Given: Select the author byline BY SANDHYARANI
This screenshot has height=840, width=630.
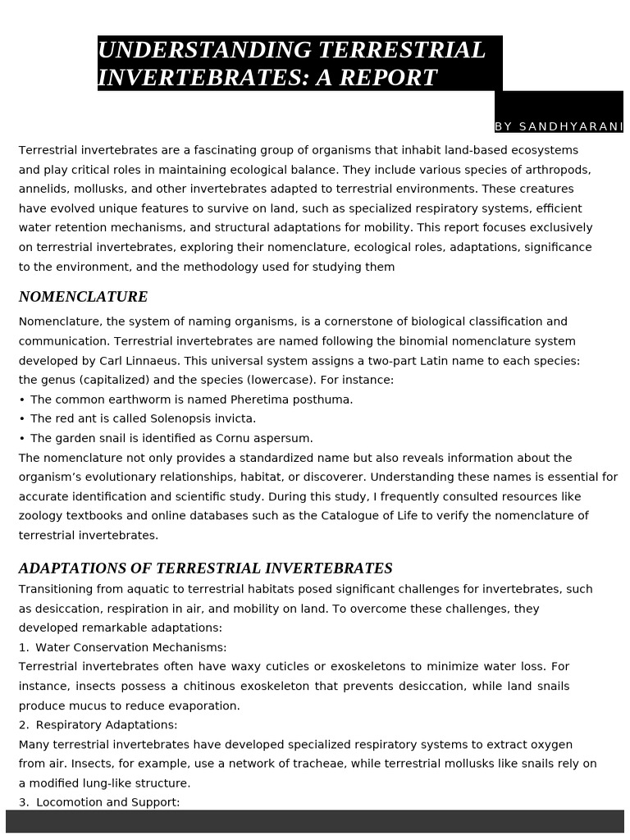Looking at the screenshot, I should [559, 126].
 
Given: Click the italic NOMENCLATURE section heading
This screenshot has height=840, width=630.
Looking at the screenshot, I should [83, 297].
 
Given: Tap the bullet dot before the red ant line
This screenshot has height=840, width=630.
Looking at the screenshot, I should [22, 418].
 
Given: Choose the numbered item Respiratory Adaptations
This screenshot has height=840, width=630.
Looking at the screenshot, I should [107, 725].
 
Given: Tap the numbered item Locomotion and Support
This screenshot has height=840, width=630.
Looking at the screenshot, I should [107, 802].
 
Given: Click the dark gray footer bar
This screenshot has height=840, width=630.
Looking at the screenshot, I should [315, 821].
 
